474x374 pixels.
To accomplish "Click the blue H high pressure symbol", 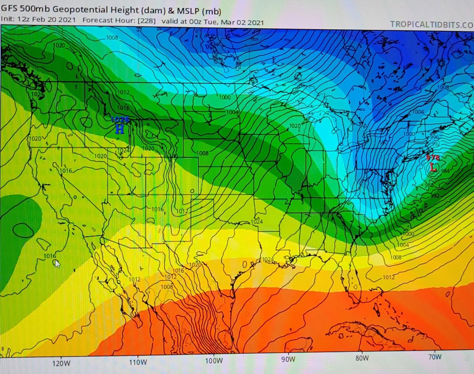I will pos(120,129).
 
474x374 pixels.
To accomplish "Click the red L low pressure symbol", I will pos(433,168).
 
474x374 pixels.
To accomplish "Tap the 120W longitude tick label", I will pos(61,363).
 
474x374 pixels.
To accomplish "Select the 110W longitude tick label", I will pos(138,362).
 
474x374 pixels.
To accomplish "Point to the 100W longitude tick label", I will pos(214,361).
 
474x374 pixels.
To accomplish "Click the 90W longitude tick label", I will pos(288,359).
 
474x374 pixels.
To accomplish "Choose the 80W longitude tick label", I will pos(362,358).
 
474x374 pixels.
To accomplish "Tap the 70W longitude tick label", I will pos(435,357).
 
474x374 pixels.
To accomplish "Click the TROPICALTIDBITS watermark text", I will pos(431,25).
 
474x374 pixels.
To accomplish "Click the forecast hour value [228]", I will pos(146,20).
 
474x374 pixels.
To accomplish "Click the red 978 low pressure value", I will pos(432,158).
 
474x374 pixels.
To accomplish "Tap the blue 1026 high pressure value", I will pos(120,120).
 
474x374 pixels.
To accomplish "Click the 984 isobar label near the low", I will pos(445,171).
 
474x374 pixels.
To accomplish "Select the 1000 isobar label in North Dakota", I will pos(225,97).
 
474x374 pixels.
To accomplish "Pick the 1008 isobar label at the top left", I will pos(112,37).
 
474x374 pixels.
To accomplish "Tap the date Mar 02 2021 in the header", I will pos(242,23).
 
